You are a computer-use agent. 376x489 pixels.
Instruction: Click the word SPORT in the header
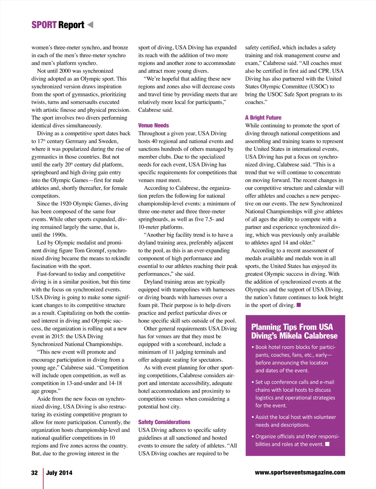click(x=44, y=25)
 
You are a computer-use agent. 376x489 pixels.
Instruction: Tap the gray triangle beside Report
click(x=90, y=24)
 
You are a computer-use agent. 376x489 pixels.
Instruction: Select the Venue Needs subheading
click(x=154, y=126)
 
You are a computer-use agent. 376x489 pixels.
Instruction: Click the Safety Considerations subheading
click(x=164, y=422)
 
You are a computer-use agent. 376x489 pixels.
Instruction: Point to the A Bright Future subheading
click(x=263, y=118)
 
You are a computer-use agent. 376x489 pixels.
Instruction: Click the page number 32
click(x=34, y=473)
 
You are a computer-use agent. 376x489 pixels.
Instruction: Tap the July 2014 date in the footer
click(x=59, y=473)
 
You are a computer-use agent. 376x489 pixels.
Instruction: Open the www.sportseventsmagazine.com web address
click(x=300, y=472)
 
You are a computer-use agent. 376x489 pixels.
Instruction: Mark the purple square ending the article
click(x=299, y=305)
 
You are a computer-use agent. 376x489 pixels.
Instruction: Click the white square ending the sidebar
click(x=327, y=444)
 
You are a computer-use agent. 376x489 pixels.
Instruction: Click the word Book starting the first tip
click(x=261, y=347)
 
